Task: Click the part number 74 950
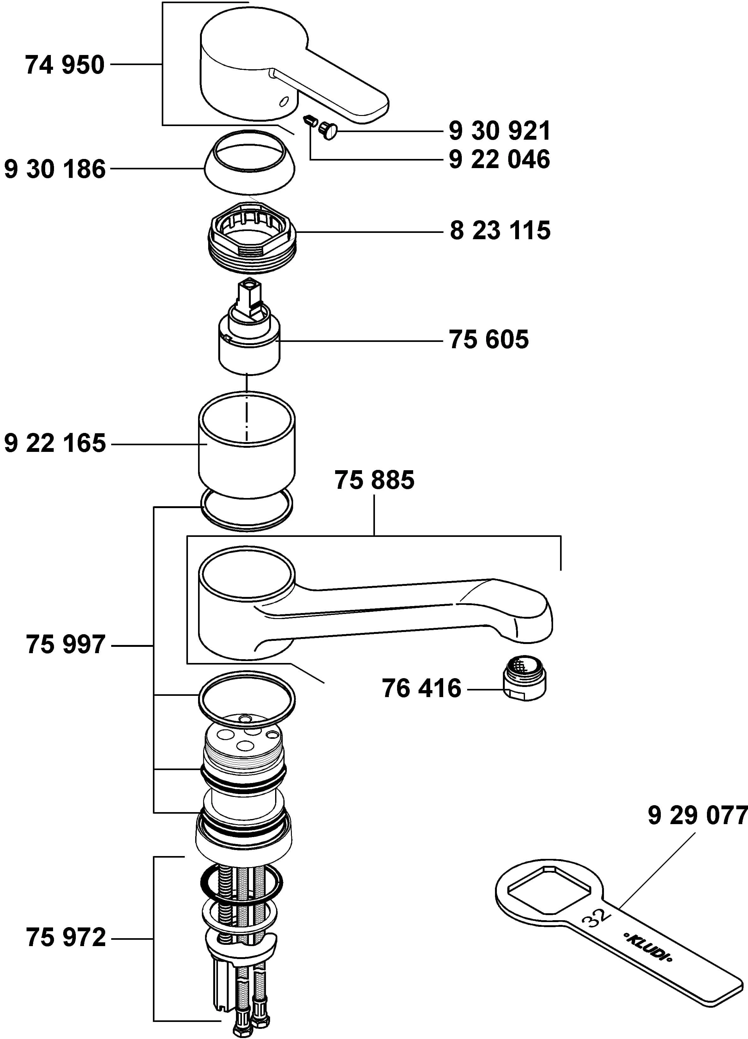point(64,65)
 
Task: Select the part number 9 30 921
point(499,131)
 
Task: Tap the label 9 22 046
point(499,160)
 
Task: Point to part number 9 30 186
point(55,169)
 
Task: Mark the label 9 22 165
point(55,443)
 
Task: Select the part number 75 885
point(374,480)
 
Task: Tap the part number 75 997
point(65,645)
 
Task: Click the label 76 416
point(421,689)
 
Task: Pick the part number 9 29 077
point(697,816)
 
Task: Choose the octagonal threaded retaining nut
point(252,237)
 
